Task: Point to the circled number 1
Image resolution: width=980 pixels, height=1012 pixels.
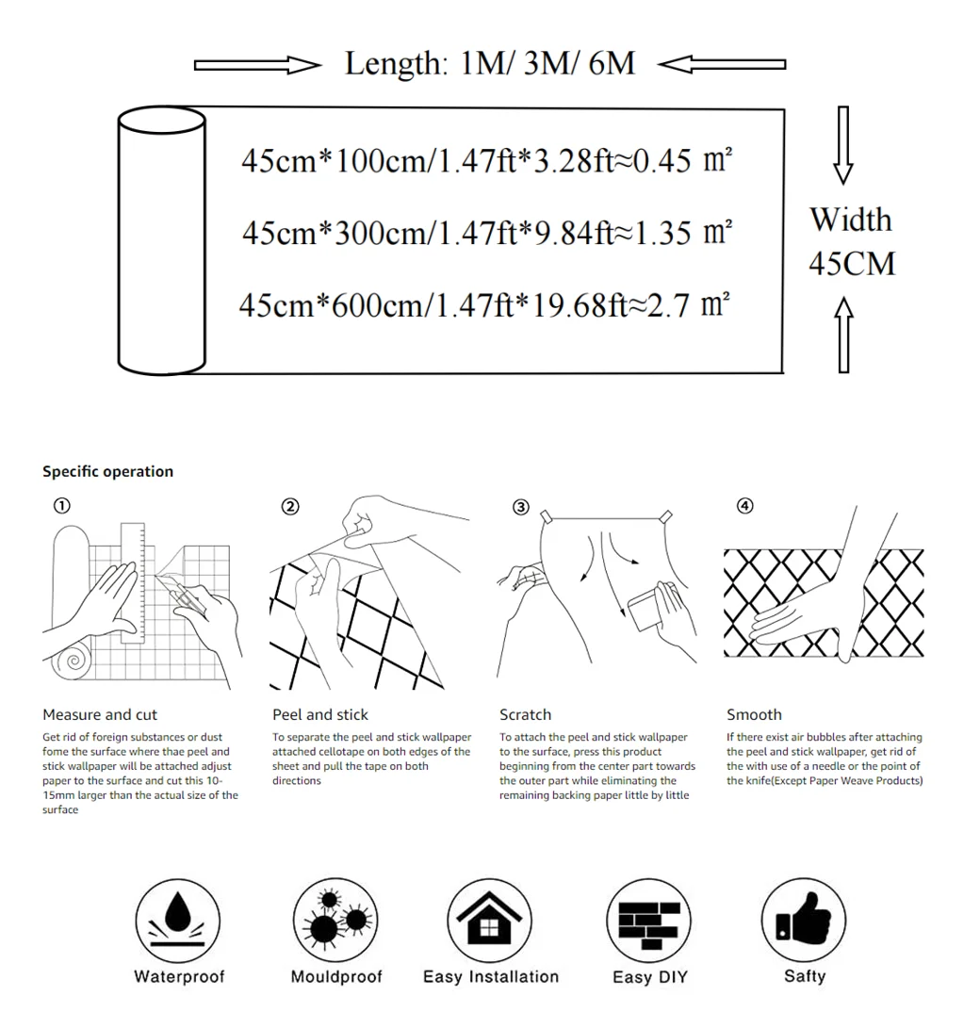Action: (61, 506)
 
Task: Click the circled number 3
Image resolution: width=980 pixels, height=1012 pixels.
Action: (520, 507)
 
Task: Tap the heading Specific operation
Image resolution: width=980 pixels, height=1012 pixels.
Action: (107, 472)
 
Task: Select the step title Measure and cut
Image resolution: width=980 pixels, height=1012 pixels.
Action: (100, 715)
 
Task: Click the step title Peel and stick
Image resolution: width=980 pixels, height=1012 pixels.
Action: (320, 715)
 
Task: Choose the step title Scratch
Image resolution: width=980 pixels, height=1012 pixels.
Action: (525, 715)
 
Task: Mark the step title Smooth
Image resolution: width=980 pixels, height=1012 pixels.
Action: (754, 715)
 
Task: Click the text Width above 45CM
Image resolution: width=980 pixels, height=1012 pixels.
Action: (850, 220)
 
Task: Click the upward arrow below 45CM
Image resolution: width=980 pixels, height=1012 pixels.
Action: (843, 334)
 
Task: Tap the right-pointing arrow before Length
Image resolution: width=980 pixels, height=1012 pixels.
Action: (257, 65)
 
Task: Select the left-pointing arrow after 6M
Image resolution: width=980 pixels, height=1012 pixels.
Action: (721, 65)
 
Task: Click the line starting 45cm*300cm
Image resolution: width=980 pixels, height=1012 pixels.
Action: (486, 232)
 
